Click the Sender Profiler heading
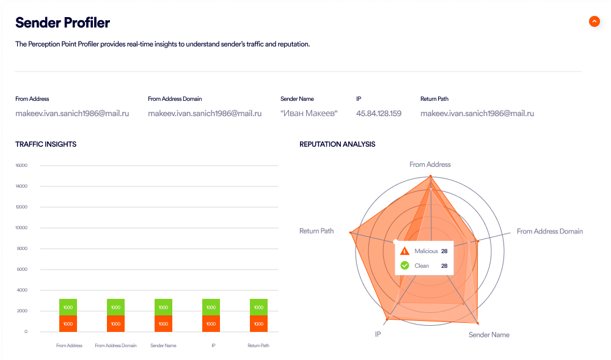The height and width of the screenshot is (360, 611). point(62,23)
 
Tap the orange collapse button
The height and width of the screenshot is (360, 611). point(594,21)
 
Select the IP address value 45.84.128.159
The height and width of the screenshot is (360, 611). point(378,113)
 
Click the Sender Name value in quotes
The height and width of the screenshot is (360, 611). point(309,113)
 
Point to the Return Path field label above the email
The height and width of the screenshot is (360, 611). point(434,98)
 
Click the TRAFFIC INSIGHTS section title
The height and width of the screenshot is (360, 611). point(46,144)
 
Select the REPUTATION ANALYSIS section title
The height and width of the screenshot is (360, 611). point(337,144)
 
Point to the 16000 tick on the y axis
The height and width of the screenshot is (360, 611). point(21,165)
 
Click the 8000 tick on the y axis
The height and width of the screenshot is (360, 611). point(21,248)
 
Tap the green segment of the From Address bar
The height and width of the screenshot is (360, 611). point(68,307)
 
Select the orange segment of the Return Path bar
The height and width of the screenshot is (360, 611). point(258,323)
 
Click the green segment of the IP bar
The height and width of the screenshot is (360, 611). point(211,307)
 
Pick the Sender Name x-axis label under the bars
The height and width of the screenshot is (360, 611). point(163,346)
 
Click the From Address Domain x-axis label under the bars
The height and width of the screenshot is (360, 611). point(115,346)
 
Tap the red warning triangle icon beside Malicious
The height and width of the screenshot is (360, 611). point(404,251)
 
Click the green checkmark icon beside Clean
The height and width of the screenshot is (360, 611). point(404,265)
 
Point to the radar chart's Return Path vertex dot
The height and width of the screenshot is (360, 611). point(351,232)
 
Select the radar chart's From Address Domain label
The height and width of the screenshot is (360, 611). point(549,232)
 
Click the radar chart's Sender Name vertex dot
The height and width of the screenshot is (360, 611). point(477,323)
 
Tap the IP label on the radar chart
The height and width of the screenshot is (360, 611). point(378,334)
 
